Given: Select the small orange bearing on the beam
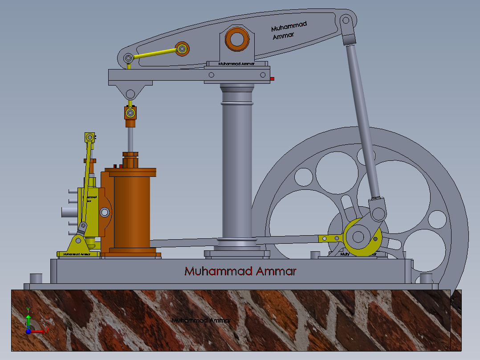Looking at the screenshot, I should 182,49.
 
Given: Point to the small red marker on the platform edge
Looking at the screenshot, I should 272,79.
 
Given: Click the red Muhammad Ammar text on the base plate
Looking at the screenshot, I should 240,271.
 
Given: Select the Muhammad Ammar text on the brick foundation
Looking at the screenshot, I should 201,320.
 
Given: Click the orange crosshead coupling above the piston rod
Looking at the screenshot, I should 130,112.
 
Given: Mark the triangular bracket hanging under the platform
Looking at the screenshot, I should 130,92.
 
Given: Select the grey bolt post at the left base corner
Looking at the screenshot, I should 36,278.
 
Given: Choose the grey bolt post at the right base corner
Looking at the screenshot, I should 426,279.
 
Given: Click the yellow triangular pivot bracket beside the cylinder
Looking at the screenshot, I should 79,243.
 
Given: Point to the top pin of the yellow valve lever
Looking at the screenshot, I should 90,137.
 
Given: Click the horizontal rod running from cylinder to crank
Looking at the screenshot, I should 232,241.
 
